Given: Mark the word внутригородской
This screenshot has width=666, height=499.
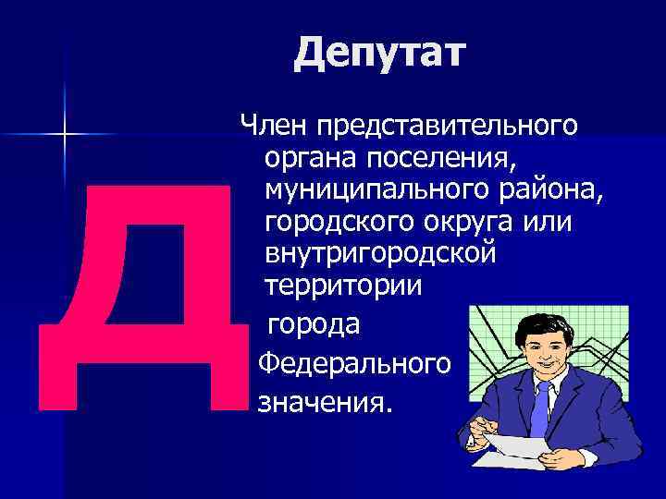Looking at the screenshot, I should (380, 253).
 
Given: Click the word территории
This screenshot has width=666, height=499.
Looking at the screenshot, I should (344, 286).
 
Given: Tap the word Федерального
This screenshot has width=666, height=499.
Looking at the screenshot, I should (354, 364).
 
